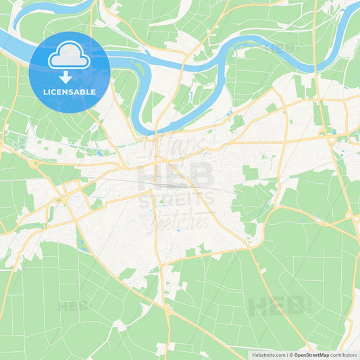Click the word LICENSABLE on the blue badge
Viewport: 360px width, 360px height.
[69, 92]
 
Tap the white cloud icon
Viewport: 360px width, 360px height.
[69, 57]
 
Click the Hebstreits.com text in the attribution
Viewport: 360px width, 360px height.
[269, 354]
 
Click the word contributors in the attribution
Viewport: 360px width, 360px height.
[344, 354]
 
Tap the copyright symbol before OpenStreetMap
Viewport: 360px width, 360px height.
[290, 354]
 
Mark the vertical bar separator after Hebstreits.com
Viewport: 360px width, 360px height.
[286, 354]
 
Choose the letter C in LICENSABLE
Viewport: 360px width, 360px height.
[54, 92]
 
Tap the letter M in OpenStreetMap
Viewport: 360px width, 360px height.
[321, 354]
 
